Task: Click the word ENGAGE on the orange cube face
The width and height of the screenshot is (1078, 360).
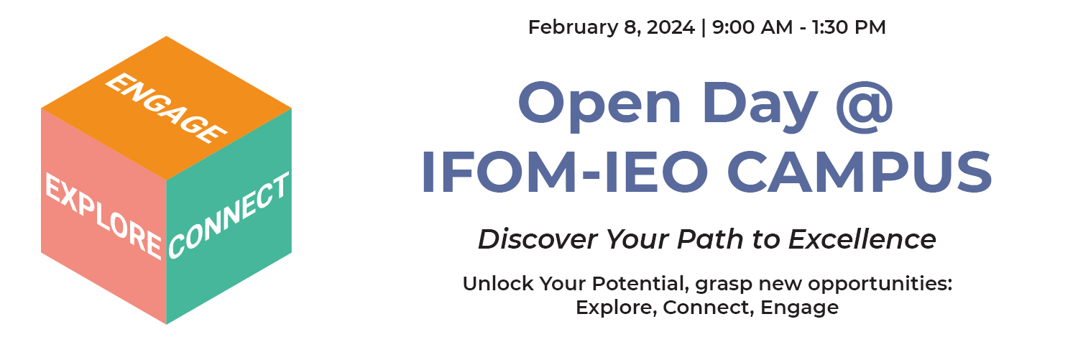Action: point(166,109)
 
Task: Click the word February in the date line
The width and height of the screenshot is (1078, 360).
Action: point(572,28)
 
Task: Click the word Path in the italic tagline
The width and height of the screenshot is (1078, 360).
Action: point(709,239)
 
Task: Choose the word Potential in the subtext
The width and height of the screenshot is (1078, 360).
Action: point(629,284)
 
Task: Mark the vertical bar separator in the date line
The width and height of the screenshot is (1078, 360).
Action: point(703,28)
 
